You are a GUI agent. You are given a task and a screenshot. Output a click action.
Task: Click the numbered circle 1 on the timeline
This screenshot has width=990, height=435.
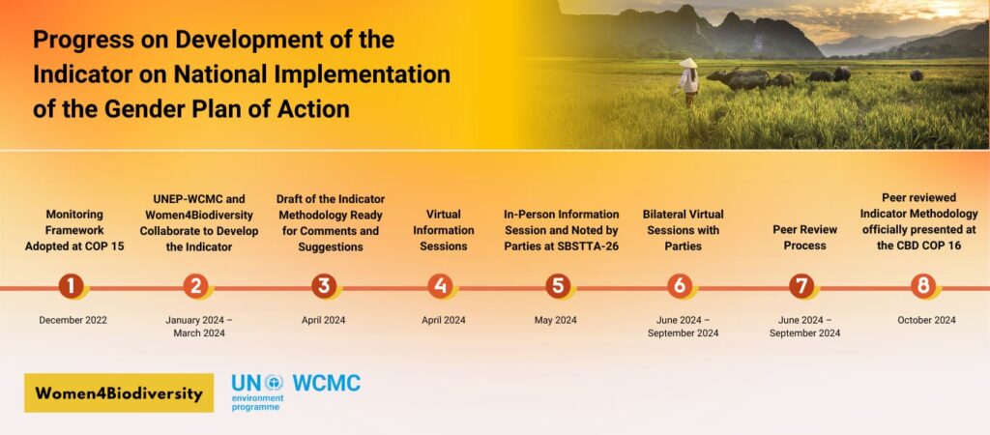coord(71,286)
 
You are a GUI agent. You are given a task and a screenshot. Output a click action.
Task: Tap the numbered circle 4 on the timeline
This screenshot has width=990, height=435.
coord(441,286)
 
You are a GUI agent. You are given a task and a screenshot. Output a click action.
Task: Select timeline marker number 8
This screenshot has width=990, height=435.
coord(923,286)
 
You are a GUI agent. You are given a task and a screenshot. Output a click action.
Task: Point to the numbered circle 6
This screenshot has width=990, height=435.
coord(680,286)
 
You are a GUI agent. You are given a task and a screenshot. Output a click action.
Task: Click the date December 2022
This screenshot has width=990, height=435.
coord(73,320)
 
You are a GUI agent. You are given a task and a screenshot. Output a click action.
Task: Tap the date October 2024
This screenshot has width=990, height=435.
coord(926,320)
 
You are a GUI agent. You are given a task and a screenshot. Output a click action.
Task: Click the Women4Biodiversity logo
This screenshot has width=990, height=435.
coord(119,393)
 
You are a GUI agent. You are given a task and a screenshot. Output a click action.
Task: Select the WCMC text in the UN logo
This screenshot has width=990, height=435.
coord(326,384)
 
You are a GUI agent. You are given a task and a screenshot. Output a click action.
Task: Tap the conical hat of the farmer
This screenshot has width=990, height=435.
coord(687,63)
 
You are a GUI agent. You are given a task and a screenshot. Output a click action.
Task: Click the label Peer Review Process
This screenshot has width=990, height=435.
coord(804,238)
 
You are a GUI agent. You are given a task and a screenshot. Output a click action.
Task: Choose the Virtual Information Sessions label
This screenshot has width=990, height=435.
coord(444,230)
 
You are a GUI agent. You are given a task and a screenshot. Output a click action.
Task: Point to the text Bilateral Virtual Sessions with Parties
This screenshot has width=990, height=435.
coord(683,230)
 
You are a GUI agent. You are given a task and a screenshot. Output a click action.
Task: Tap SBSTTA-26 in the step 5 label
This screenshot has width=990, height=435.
coord(587,246)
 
